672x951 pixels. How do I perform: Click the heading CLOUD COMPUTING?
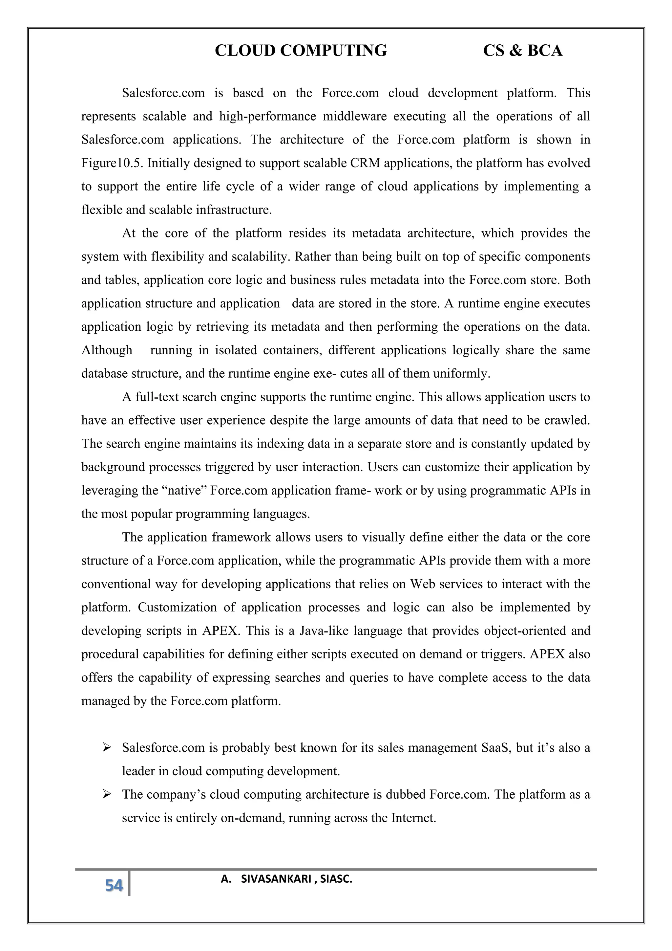301,51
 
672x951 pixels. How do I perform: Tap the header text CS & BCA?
523,51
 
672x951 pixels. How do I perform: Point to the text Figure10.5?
112,163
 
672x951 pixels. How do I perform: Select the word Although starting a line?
107,350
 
